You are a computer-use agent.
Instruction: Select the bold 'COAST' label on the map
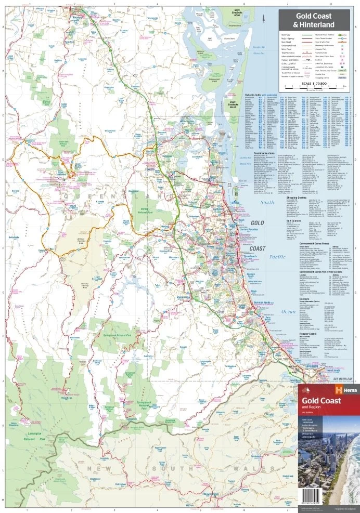pyautogui.click(x=258, y=248)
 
